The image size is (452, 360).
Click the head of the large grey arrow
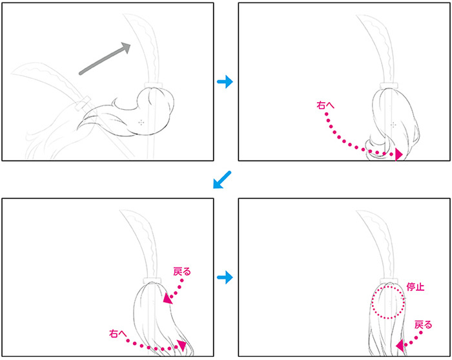[x=127, y=47]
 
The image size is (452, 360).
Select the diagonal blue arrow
[x=222, y=180]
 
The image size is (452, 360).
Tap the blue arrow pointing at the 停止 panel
[x=225, y=277]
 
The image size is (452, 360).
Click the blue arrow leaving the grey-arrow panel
[x=225, y=81]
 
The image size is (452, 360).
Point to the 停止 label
[x=415, y=287]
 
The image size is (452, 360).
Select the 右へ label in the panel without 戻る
[x=325, y=105]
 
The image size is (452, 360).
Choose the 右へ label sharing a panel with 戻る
[x=118, y=334]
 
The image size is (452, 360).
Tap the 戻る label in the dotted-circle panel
[x=423, y=325]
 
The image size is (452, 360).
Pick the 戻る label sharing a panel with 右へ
[x=182, y=271]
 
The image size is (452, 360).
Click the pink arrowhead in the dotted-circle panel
[x=400, y=346]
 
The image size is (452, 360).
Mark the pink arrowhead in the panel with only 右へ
[x=398, y=154]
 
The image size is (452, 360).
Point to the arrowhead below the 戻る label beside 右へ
[x=168, y=299]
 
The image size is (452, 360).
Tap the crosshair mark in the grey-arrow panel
[x=141, y=123]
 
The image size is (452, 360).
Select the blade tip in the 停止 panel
[x=357, y=211]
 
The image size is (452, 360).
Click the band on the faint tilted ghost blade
[x=83, y=103]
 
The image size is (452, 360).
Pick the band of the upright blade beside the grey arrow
[x=153, y=85]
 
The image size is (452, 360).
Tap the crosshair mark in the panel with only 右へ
[x=393, y=125]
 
